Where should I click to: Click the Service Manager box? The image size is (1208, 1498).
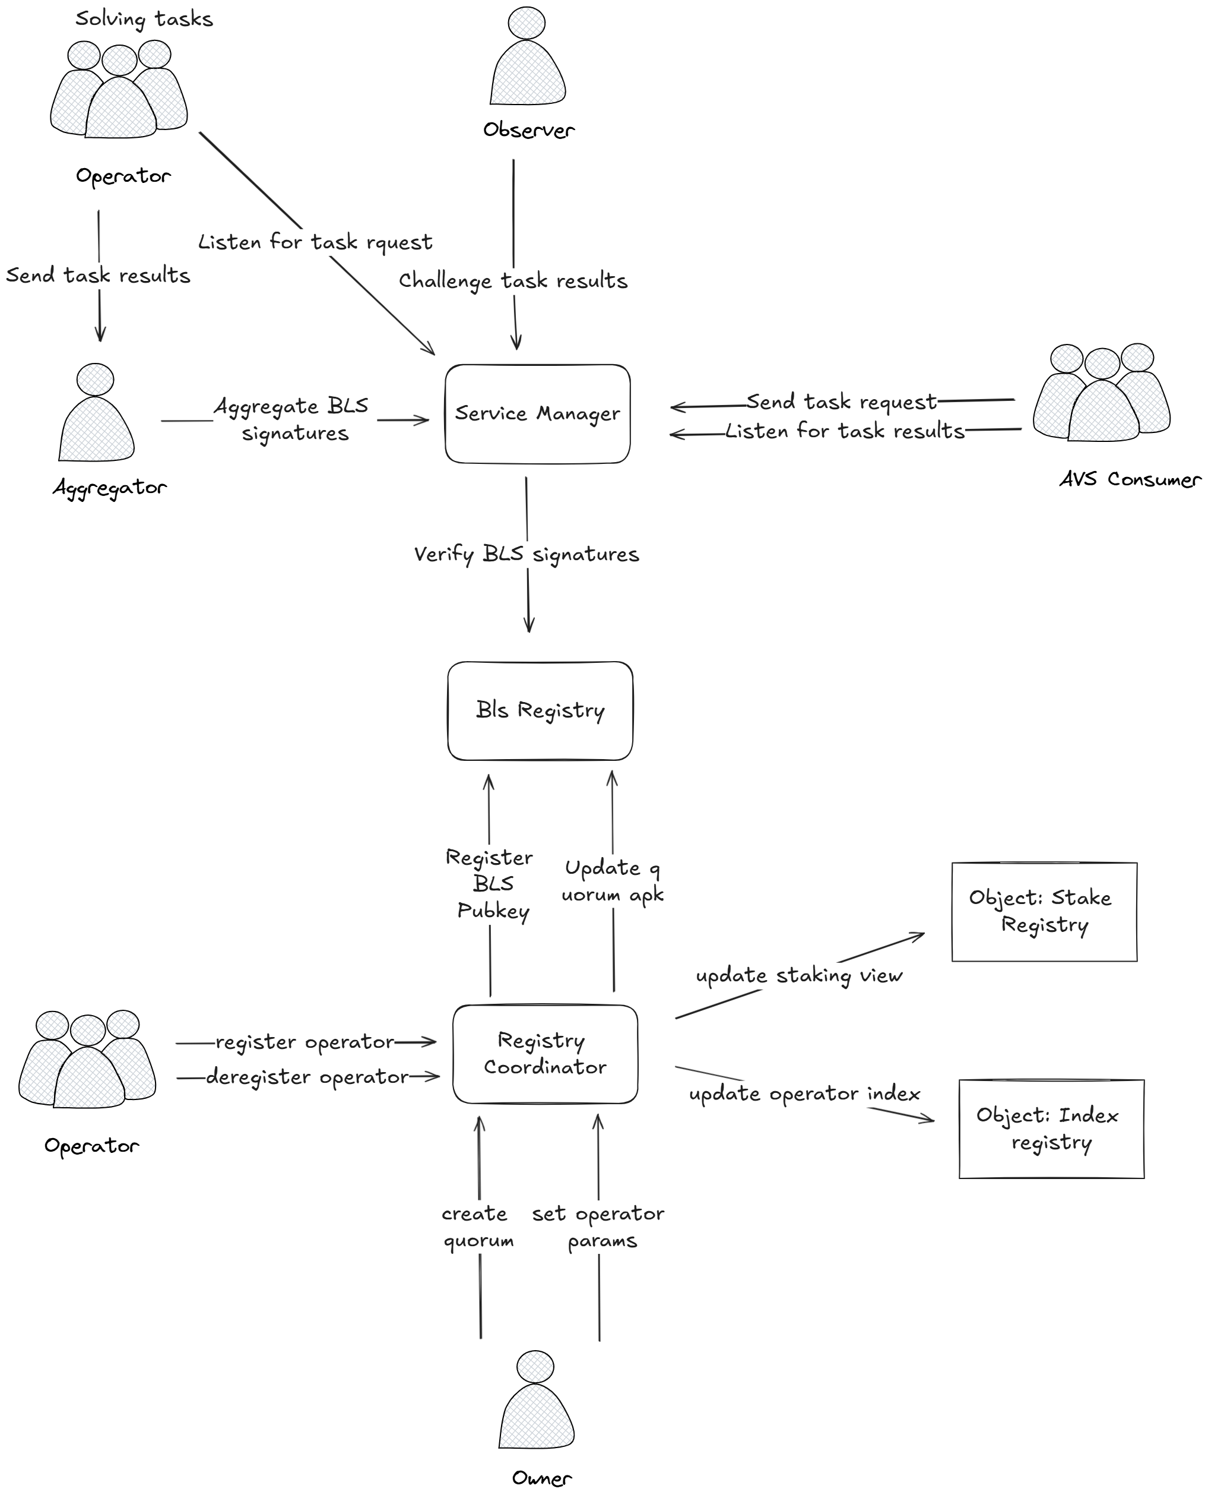click(x=537, y=413)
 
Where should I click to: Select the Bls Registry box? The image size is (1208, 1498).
click(x=540, y=710)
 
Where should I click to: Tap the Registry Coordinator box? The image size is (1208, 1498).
click(x=545, y=1053)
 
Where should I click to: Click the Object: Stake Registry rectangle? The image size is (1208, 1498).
click(x=1044, y=912)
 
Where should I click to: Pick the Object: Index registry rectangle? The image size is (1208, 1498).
click(x=1051, y=1129)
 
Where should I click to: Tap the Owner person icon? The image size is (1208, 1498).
click(x=536, y=1401)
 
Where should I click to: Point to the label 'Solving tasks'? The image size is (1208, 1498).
click(x=144, y=19)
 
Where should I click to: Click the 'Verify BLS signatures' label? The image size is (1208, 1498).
click(x=526, y=554)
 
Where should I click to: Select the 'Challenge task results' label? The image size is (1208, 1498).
click(x=513, y=280)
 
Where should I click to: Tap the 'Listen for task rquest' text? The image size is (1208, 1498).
click(x=315, y=242)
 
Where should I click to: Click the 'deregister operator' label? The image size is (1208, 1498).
click(x=307, y=1077)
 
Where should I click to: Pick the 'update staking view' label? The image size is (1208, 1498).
click(x=799, y=975)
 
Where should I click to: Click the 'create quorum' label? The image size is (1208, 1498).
click(x=477, y=1227)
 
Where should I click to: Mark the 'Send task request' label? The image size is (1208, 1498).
click(x=841, y=402)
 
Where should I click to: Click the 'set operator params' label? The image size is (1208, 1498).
click(x=599, y=1227)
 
